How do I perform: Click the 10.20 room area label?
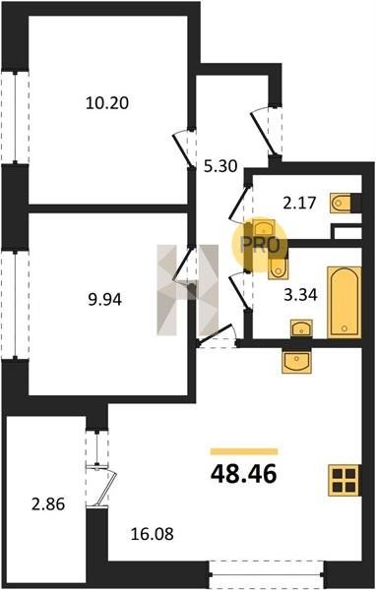107,102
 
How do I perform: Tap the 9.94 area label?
104,300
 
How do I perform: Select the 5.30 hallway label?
220,166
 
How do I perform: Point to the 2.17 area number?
299,204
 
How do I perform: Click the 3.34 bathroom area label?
300,295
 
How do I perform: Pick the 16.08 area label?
153,534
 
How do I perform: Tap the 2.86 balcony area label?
48,504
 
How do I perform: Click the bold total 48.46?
244,474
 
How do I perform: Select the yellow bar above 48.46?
244,452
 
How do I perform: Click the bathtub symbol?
345,302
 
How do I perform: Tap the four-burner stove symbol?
345,481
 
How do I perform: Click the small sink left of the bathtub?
301,328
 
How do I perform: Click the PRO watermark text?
260,245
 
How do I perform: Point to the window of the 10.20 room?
15,117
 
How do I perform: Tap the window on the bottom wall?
267,574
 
